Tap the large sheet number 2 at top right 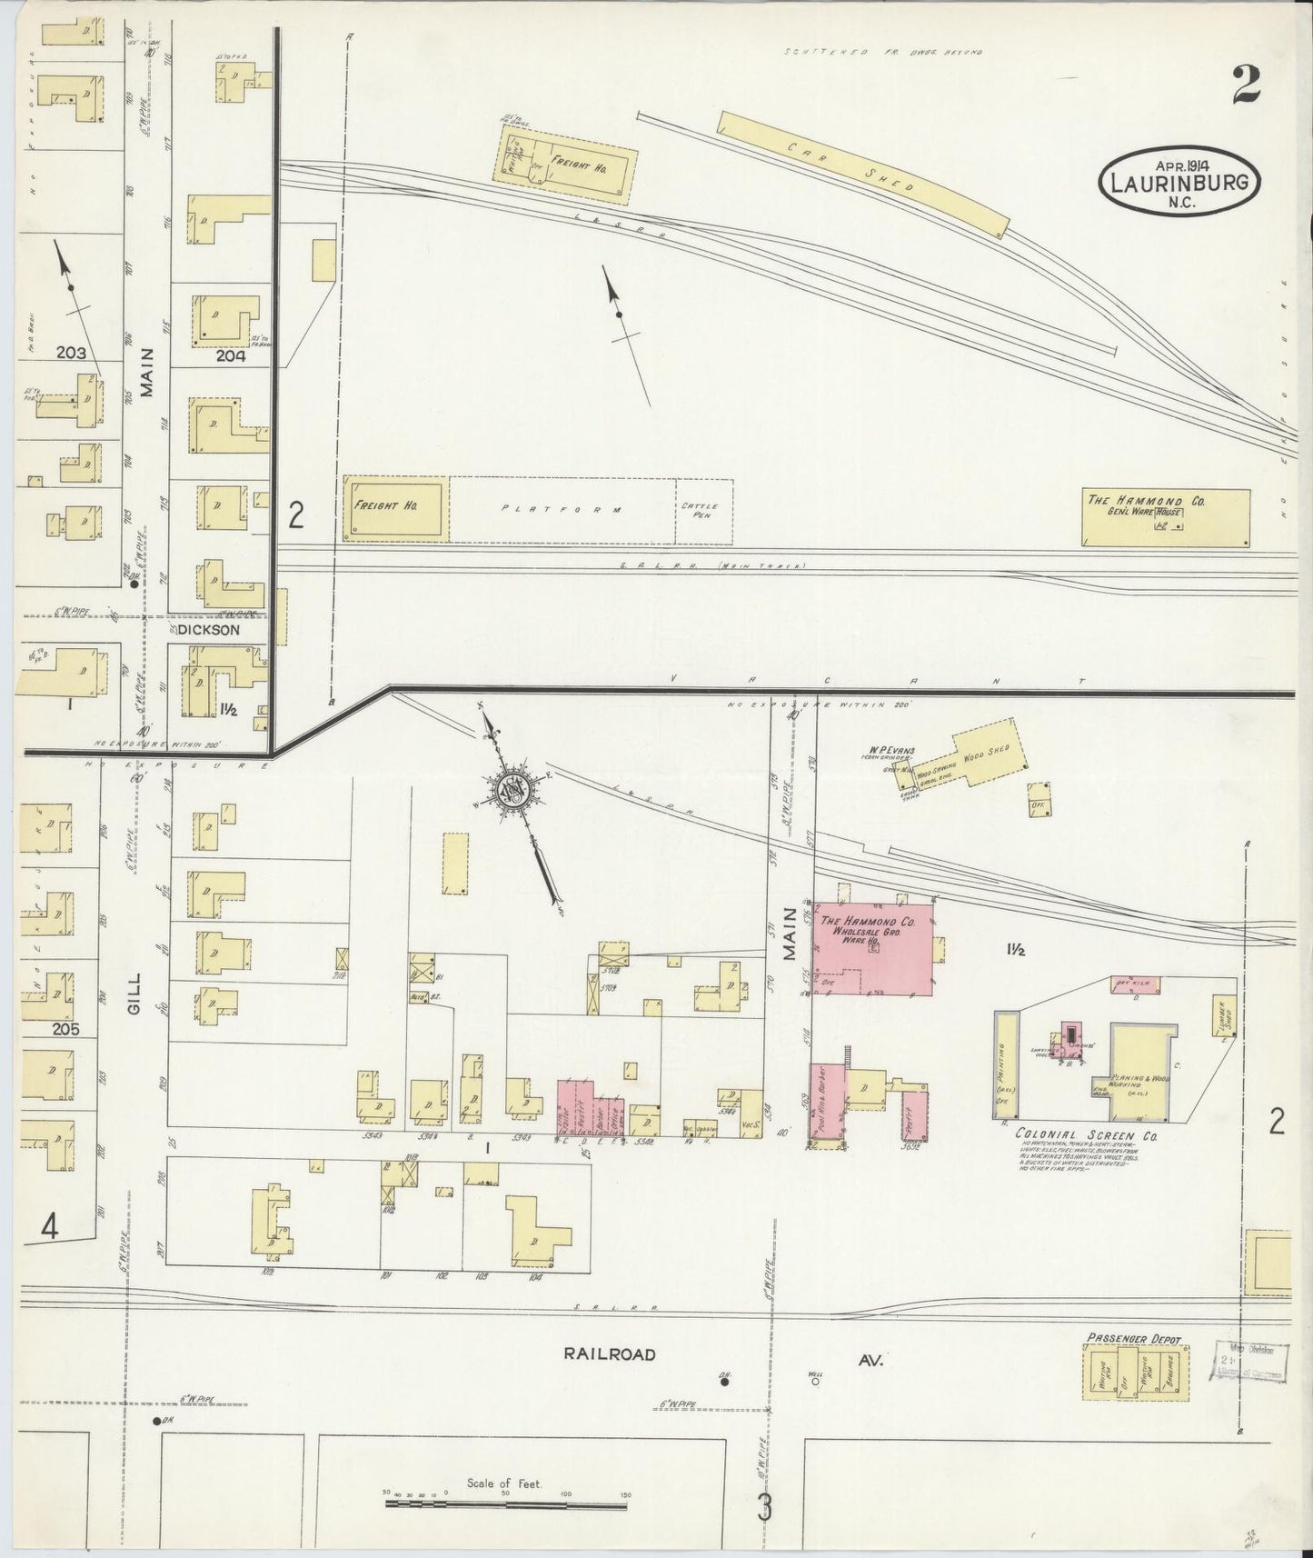1246,85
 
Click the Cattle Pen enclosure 703,511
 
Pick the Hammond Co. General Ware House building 1165,517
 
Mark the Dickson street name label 208,629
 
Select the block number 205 65,1029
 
